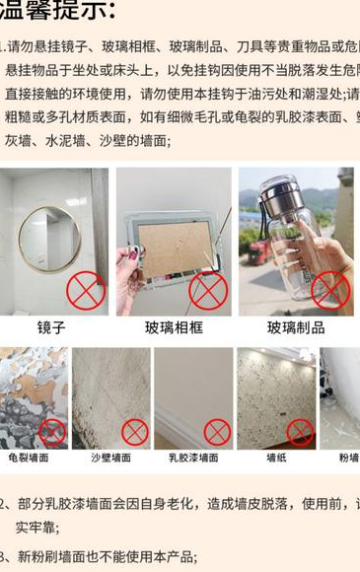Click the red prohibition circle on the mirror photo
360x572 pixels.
point(86,291)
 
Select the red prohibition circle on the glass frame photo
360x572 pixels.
point(208,291)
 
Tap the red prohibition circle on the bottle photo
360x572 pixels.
point(330,291)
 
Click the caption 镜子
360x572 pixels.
point(51,327)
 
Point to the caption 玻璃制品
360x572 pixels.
point(296,327)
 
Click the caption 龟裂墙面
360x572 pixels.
point(29,458)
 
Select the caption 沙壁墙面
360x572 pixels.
point(110,458)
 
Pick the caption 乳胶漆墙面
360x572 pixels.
point(192,458)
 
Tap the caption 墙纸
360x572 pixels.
point(276,458)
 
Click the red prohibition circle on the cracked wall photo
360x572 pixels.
point(51,431)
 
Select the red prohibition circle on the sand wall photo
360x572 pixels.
point(134,431)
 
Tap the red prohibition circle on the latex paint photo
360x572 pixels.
point(217,431)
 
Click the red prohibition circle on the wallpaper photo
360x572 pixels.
point(300,431)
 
